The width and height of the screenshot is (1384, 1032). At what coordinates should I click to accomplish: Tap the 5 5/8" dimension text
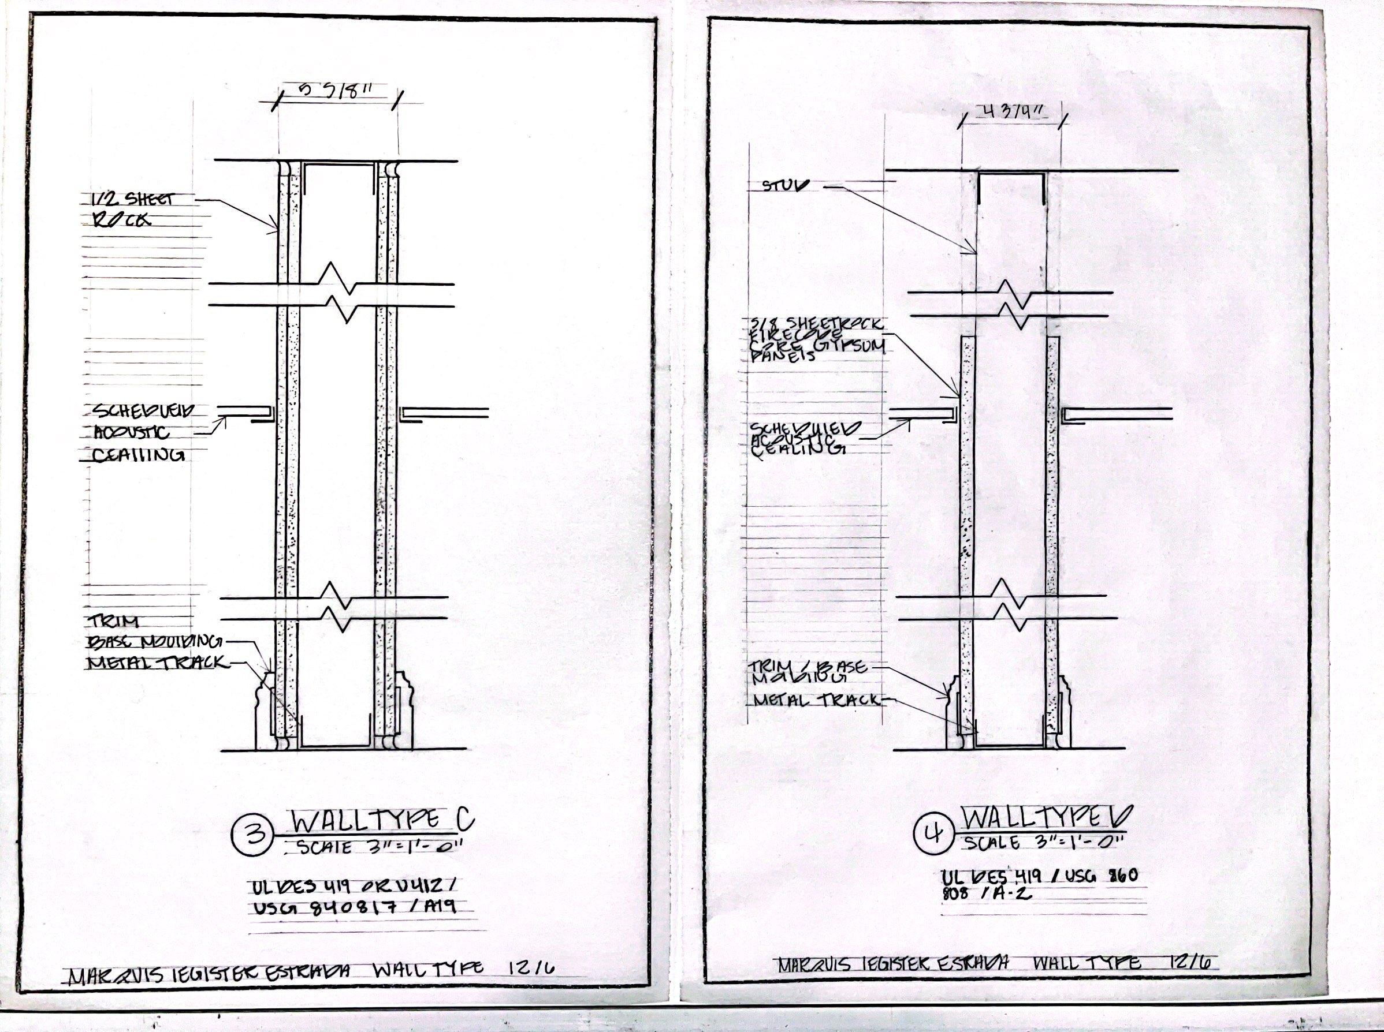tap(336, 89)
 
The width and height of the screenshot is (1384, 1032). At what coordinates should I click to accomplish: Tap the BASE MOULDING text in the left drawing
tap(157, 642)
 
